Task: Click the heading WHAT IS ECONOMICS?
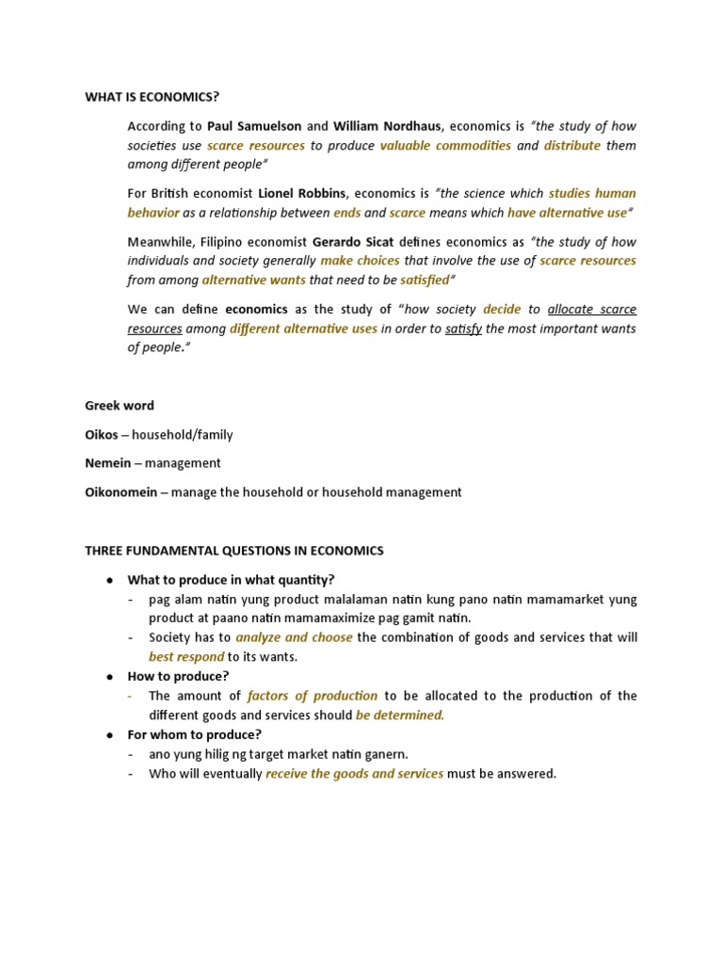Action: tap(158, 95)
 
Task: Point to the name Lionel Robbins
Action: tap(303, 193)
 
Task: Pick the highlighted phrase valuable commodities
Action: tap(445, 145)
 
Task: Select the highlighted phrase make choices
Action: tap(360, 261)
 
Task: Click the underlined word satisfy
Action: tap(463, 329)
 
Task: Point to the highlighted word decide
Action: tap(502, 309)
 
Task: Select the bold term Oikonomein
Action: tap(122, 491)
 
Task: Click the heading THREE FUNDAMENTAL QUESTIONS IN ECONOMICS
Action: tap(234, 551)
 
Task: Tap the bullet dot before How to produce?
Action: tap(110, 677)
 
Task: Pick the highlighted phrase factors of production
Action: tap(312, 696)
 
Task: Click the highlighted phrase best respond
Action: tap(186, 657)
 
